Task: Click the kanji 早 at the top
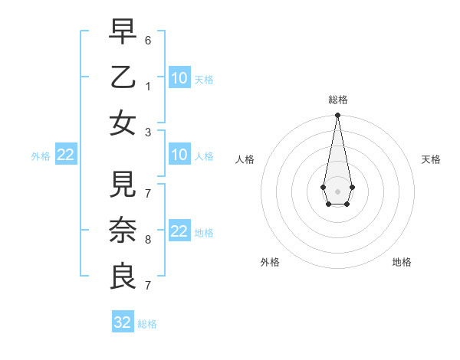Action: [x=123, y=33]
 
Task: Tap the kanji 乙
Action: [x=123, y=77]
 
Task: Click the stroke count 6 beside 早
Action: [x=148, y=39]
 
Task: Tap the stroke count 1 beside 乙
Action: [x=148, y=87]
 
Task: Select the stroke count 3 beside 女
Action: [x=148, y=132]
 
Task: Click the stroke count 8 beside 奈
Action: [x=148, y=240]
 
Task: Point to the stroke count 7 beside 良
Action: [x=148, y=285]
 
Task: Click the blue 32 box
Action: [x=123, y=322]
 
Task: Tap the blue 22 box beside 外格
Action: [x=66, y=155]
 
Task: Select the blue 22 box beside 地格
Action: [x=179, y=231]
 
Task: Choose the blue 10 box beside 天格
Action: [x=179, y=78]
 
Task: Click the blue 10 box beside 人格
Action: [x=179, y=155]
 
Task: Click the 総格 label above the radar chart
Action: [x=337, y=100]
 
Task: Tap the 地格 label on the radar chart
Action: [x=402, y=262]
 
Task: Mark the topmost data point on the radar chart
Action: [x=337, y=115]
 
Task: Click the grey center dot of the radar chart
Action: [x=337, y=190]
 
